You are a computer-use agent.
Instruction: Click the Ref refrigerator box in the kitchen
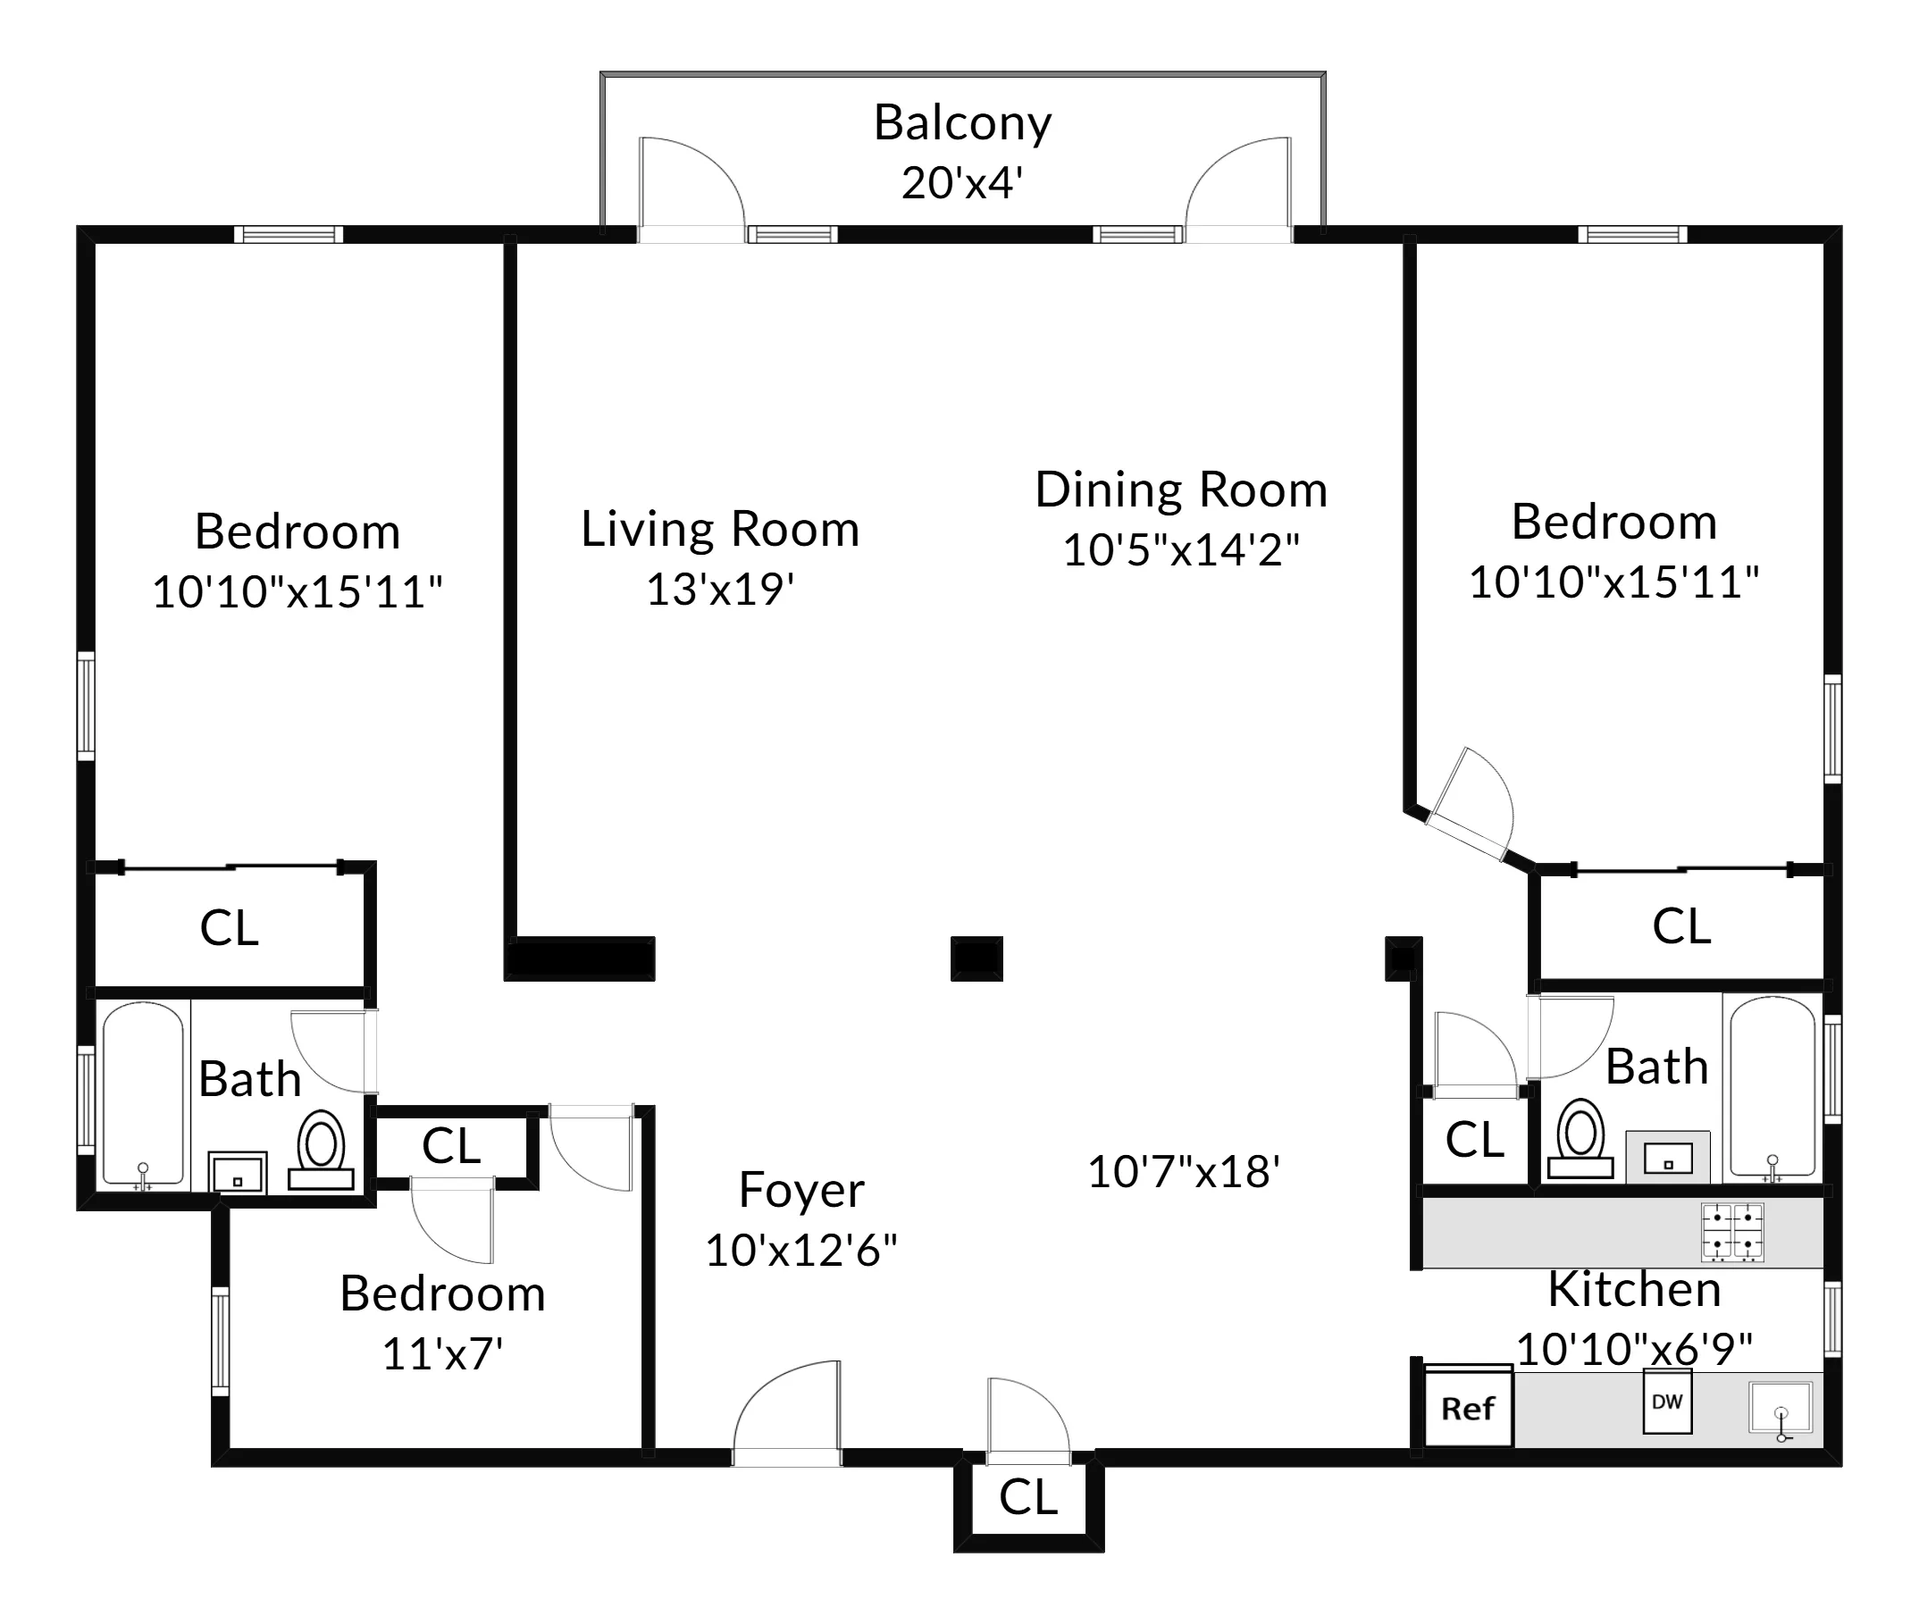click(1468, 1408)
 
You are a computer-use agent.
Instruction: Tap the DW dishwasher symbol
click(1667, 1402)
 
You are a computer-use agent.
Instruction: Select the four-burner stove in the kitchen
click(1732, 1232)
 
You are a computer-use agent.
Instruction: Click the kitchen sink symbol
click(1780, 1407)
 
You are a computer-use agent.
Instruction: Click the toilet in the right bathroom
click(1580, 1140)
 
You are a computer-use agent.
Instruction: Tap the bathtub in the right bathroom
click(1772, 1086)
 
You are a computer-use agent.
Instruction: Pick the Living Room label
click(719, 530)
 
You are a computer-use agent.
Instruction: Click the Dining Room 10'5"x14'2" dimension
click(1180, 550)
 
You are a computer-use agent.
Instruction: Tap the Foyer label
click(801, 1191)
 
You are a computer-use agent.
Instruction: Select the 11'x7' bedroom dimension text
click(442, 1354)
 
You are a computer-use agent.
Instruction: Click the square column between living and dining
click(976, 958)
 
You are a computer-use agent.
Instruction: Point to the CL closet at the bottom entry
click(1027, 1498)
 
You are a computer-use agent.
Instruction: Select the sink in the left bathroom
click(237, 1174)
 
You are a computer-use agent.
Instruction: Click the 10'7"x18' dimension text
click(1183, 1173)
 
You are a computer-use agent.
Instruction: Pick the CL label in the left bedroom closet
click(230, 928)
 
